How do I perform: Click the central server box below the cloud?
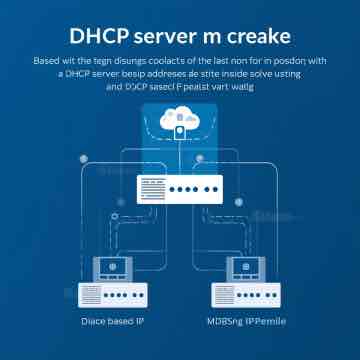[x=181, y=188]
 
